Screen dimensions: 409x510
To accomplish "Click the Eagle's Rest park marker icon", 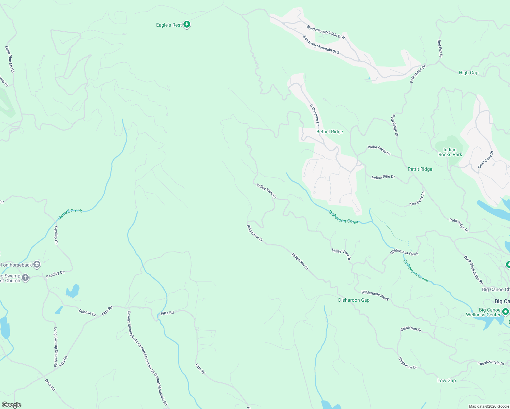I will pos(186,25).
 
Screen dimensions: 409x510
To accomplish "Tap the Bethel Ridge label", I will pos(329,132).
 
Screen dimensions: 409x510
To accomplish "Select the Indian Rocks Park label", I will pos(450,152).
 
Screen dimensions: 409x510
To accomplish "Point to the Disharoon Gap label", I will pos(354,300).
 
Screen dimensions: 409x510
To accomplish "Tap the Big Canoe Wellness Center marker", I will pos(506,312).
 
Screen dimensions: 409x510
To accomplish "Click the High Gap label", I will pos(468,73).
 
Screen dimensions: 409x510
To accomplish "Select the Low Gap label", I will pos(446,380).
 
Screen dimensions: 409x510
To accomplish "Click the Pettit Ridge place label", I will pos(420,169).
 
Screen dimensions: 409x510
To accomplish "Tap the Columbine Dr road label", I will pos(315,115).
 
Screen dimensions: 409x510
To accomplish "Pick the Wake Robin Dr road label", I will pos(379,149).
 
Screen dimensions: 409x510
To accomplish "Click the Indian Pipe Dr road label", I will pos(383,177).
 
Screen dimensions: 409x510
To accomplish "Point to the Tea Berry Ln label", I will pos(417,199).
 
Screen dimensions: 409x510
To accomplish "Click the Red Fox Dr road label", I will pos(440,48).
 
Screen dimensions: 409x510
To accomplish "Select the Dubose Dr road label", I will pos(87,312).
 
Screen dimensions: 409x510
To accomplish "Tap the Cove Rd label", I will pos(50,384).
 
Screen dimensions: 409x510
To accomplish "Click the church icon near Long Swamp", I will pos(25,278).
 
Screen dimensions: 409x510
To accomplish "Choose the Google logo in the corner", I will pos(11,405).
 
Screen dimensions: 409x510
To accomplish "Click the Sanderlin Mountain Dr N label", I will pos(326,32).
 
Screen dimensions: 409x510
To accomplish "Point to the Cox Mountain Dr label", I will pos(491,363).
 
